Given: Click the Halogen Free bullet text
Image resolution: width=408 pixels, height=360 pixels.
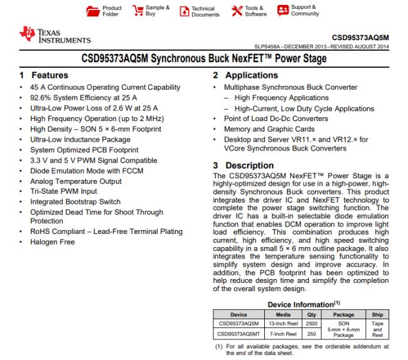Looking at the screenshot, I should (x=51, y=241).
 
